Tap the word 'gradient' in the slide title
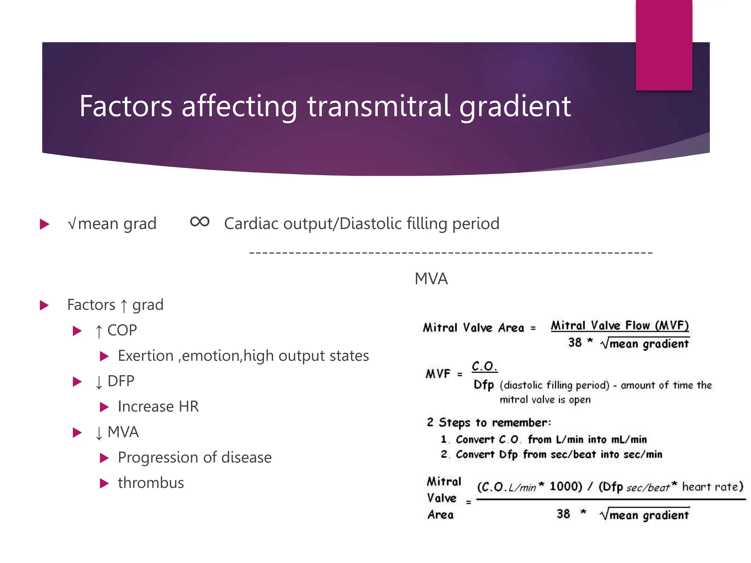[515, 107]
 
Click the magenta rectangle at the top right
[664, 45]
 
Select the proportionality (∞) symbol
[199, 222]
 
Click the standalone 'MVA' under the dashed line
[431, 279]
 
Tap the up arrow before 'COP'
[99, 331]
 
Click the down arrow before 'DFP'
[99, 382]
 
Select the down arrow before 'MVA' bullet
[99, 433]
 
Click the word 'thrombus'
[151, 483]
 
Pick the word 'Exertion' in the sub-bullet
[146, 356]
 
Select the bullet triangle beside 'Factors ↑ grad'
[44, 305]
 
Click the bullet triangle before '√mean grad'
[44, 224]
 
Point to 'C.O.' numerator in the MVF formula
[484, 366]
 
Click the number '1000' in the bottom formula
[565, 486]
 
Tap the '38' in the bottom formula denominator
[563, 514]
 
